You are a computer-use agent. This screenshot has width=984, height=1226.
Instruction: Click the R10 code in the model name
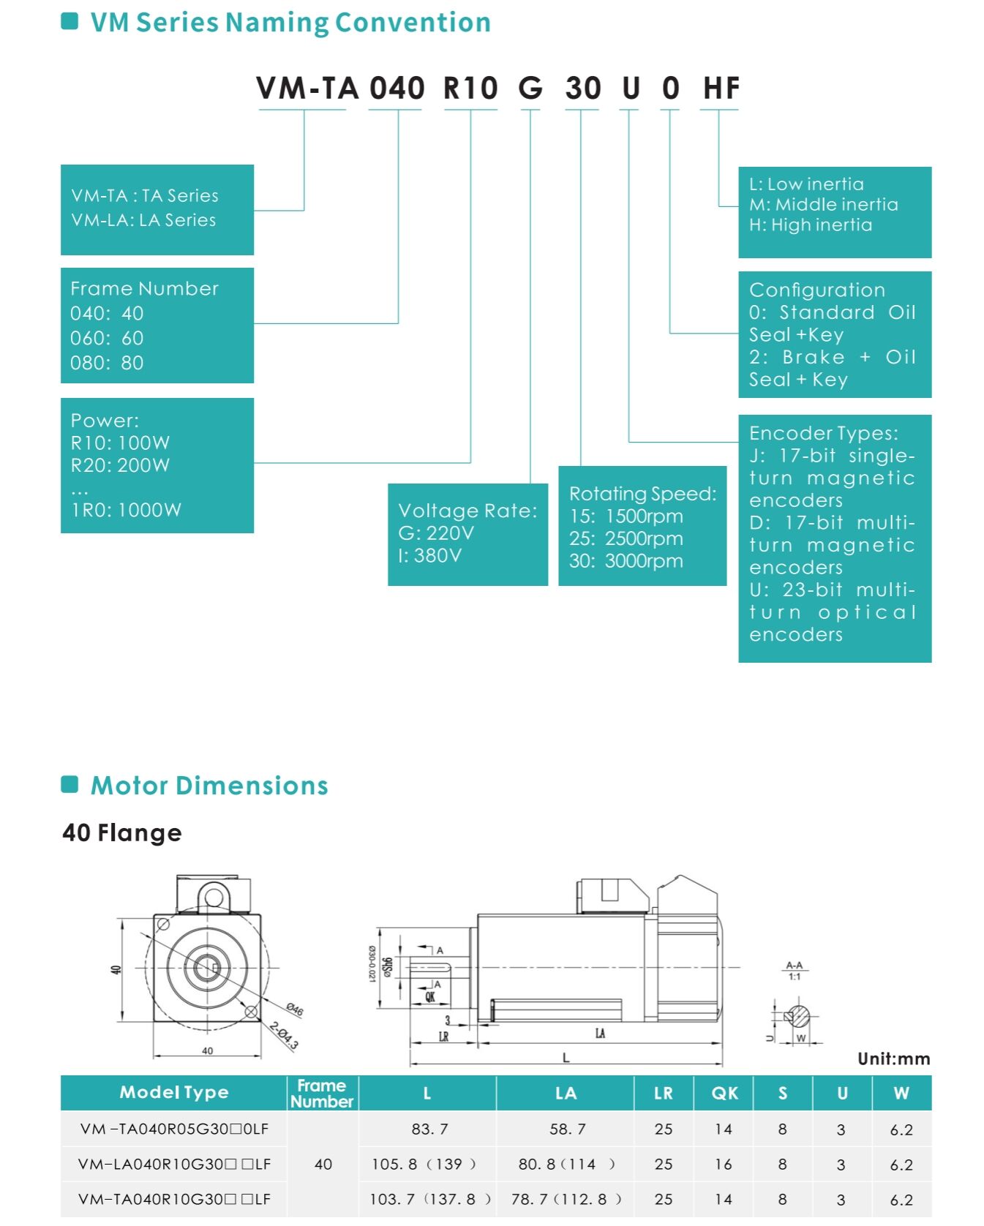470,89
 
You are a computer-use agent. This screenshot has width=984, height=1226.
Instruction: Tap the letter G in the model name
530,89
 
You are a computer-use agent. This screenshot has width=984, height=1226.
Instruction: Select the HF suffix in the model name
721,89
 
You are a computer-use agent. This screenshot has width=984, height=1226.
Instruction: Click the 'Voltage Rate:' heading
467,511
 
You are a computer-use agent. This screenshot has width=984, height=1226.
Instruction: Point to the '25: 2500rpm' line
626,539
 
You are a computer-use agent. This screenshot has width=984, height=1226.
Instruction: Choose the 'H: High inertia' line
811,225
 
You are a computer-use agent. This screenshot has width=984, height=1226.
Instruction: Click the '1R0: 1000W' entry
126,510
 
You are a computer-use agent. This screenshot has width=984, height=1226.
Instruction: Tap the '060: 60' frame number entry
107,338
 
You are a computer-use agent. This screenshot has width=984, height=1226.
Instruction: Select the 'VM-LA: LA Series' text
143,220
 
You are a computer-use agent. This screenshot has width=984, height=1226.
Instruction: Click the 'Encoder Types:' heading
823,433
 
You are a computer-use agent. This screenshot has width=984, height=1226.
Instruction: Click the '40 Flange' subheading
122,832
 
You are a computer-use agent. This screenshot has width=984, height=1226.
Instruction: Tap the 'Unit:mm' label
893,1058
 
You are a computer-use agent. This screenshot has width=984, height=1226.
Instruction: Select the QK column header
724,1093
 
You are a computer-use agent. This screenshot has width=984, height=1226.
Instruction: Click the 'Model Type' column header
174,1092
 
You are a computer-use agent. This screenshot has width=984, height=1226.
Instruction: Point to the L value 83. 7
429,1129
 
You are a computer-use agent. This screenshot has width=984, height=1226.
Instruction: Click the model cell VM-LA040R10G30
174,1164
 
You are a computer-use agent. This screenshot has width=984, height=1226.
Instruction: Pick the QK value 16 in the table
724,1164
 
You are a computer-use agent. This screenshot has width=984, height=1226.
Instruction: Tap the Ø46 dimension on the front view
294,1010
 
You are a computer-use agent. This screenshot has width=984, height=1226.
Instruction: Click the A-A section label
794,966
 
